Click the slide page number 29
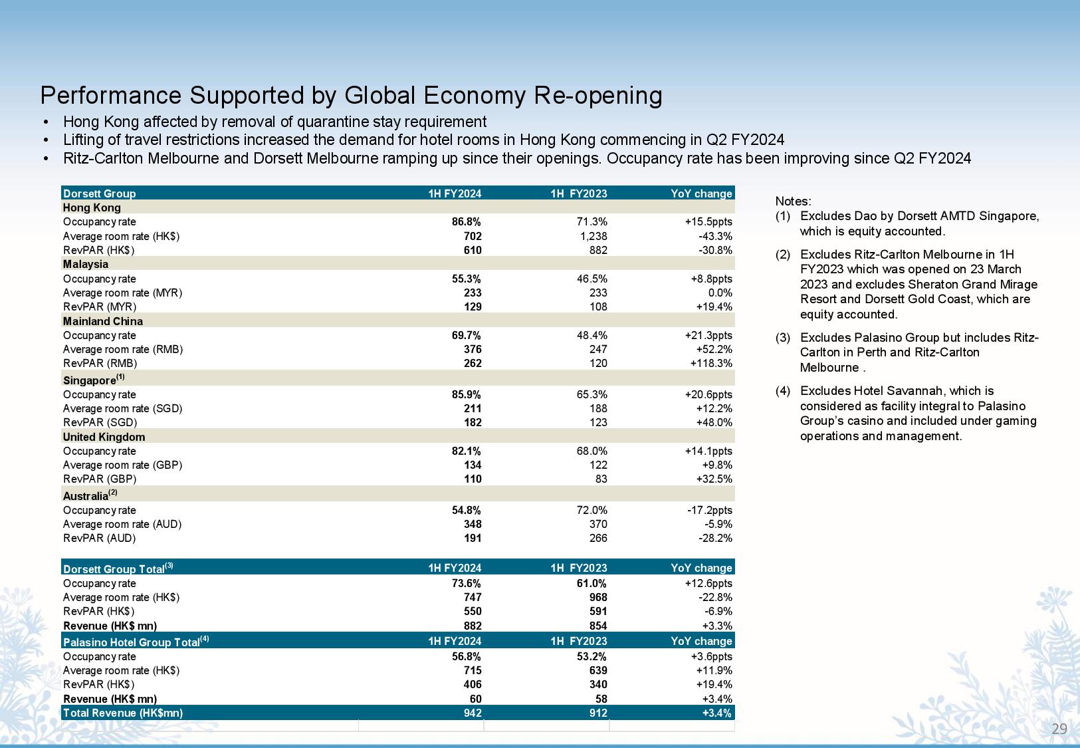tap(1059, 729)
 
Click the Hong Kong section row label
tap(92, 207)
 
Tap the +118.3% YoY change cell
tap(711, 363)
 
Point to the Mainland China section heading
tap(103, 321)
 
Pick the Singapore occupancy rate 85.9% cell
tap(467, 394)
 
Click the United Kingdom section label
tap(104, 437)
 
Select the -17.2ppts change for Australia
tap(710, 510)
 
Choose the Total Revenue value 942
tap(473, 713)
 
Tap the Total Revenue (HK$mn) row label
tap(123, 713)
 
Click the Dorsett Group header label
tap(99, 193)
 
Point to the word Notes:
tap(793, 201)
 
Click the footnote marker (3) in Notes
tap(783, 338)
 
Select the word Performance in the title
tap(111, 95)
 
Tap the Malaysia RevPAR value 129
tap(473, 307)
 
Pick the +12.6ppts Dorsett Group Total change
tap(708, 584)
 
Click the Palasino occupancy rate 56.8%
tap(467, 656)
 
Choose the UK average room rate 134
tap(473, 465)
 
